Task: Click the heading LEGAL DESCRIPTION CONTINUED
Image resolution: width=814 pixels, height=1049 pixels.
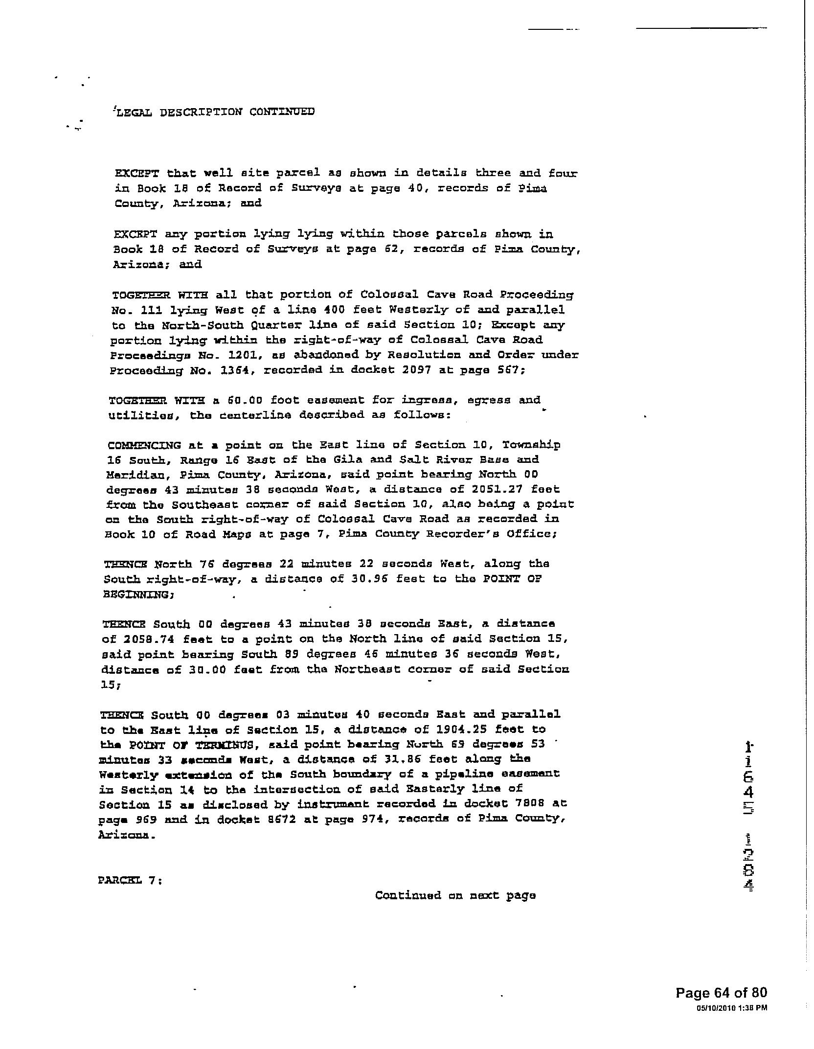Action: (x=214, y=112)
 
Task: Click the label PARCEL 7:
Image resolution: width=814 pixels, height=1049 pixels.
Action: (x=130, y=880)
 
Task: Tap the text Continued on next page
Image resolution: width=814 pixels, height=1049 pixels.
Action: (x=455, y=895)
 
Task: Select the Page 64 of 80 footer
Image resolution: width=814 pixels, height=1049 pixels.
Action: (x=721, y=993)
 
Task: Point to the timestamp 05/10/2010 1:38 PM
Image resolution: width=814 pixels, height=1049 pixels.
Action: (x=732, y=1007)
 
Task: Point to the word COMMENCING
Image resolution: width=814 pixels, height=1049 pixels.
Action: (x=144, y=445)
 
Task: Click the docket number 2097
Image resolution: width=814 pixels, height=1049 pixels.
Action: (x=423, y=370)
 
